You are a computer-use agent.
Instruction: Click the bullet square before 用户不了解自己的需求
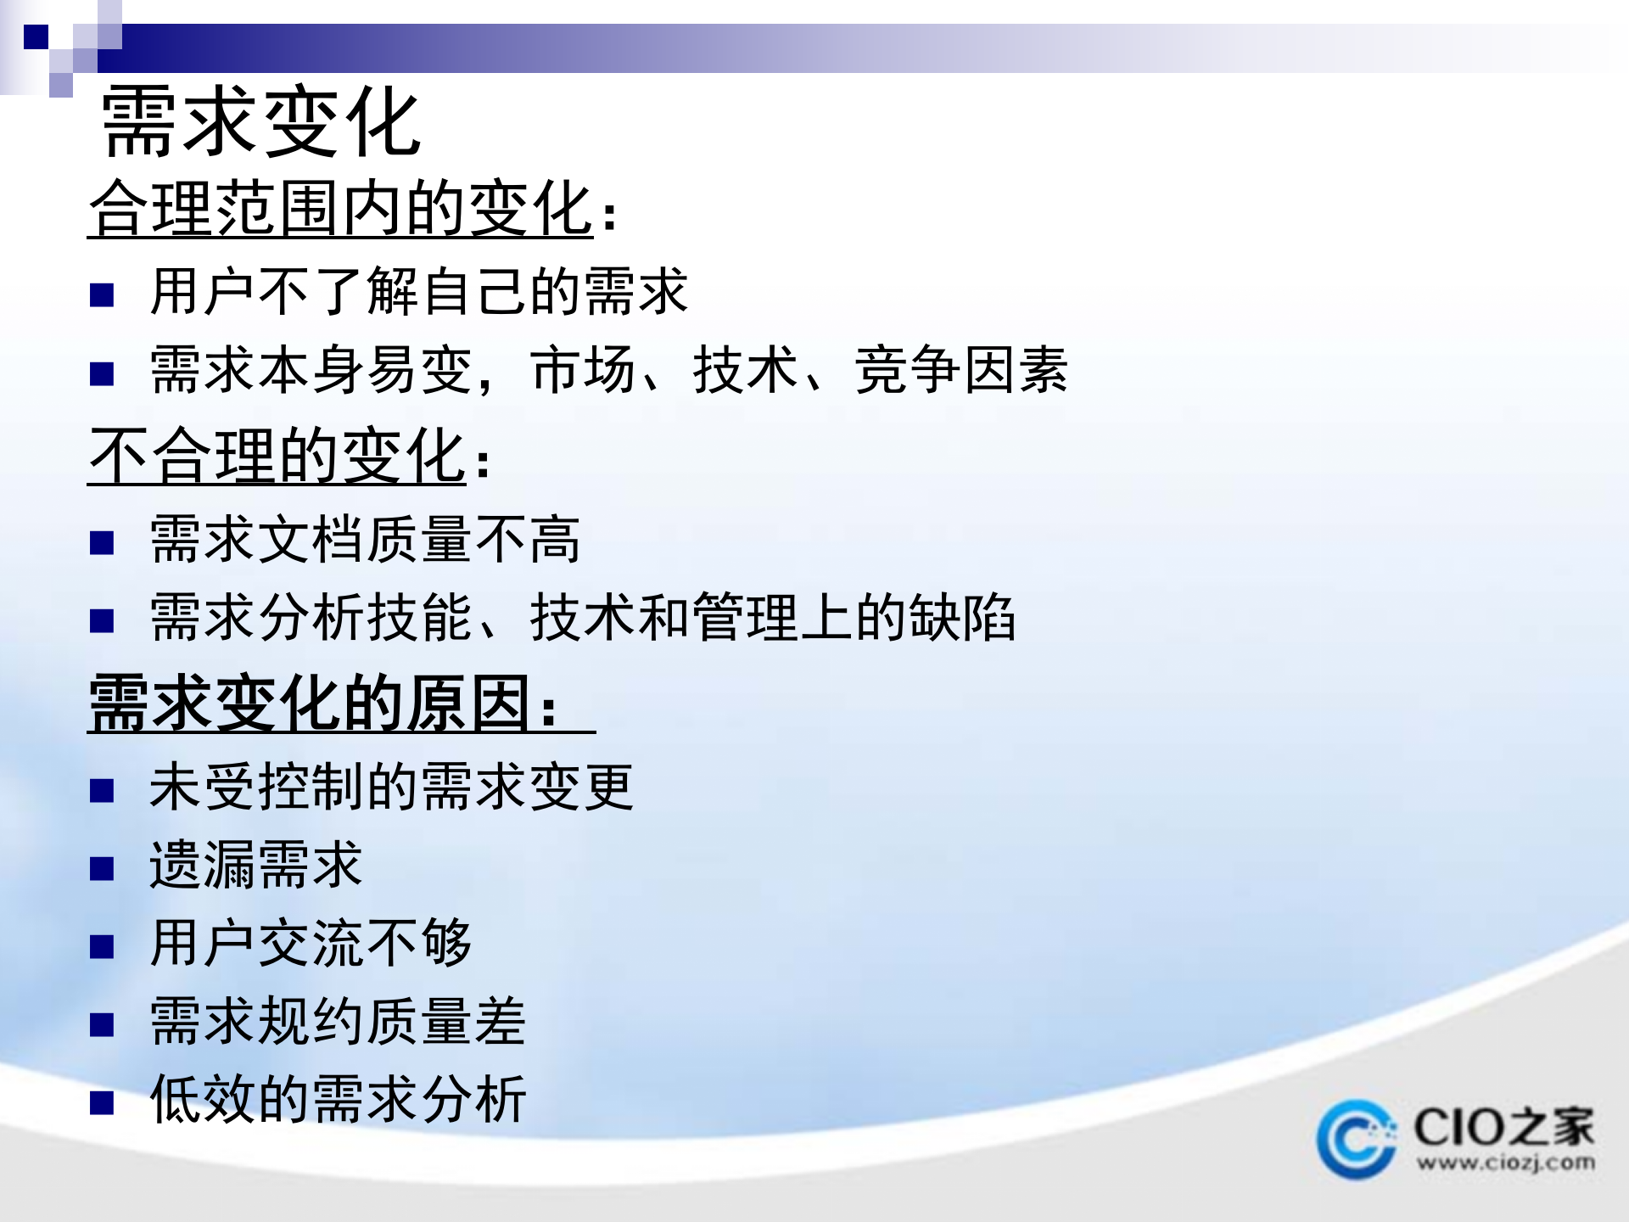pos(102,295)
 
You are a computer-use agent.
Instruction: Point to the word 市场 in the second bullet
pos(583,371)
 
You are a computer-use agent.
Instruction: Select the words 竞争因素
pos(960,371)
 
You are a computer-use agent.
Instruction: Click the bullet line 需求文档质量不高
pos(365,540)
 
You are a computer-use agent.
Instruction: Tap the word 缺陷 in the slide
pos(961,618)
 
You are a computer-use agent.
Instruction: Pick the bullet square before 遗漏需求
pos(102,869)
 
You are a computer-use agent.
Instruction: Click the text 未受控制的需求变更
pos(390,787)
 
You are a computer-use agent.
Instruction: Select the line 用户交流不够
pos(310,943)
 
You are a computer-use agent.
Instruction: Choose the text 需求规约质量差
pos(337,1021)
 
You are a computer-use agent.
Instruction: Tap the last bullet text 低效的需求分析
pos(337,1099)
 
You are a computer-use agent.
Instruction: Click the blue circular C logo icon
pos(1355,1140)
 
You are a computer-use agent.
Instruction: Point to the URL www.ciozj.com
pos(1505,1162)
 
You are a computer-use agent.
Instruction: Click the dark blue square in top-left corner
pos(36,36)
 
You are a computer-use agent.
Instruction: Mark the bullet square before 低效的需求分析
pos(102,1103)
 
